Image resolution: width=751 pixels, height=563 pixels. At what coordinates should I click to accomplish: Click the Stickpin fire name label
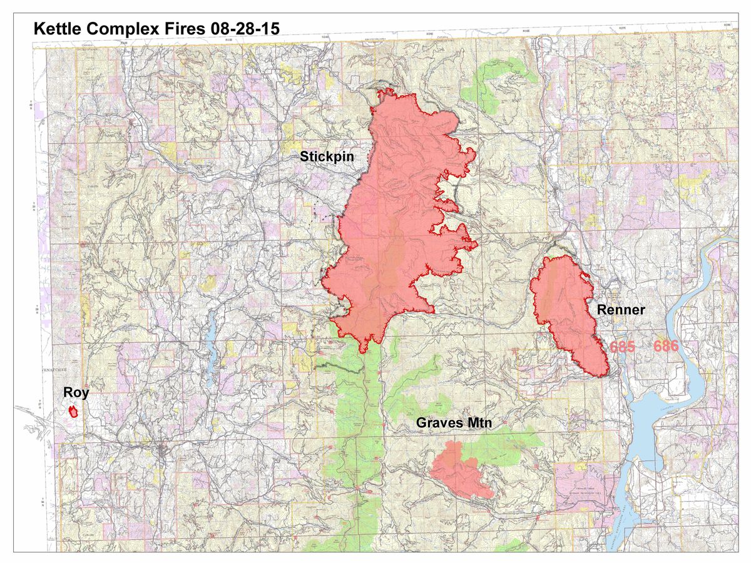coord(327,157)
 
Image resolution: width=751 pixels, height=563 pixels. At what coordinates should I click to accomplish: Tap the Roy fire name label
coord(76,393)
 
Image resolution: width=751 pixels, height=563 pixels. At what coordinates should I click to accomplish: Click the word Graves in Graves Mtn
coord(439,424)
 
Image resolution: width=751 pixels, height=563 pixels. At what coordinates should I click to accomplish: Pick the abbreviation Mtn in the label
coord(478,424)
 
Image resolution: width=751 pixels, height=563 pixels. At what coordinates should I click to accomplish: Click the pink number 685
coord(622,347)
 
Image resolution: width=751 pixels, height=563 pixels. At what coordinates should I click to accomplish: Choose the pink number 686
coord(666,347)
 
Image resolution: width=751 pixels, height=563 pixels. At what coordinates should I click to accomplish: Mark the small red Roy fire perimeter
coord(73,411)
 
